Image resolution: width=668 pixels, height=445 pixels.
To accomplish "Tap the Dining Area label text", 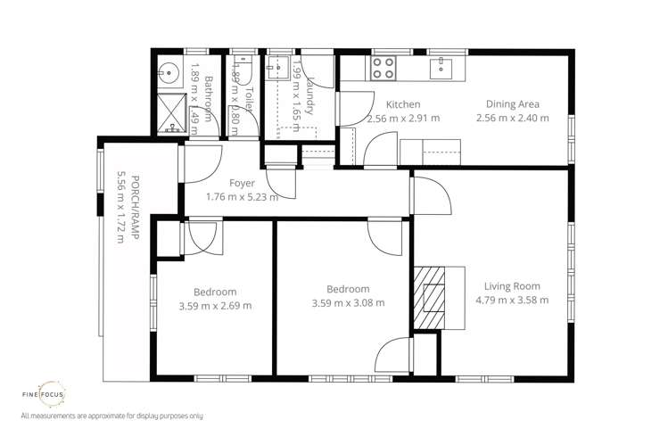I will [512, 104].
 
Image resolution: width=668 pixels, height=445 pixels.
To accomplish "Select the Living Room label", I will [512, 286].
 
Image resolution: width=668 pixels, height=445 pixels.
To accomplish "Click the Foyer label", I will [242, 184].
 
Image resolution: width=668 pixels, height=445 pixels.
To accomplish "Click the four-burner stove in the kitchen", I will [383, 65].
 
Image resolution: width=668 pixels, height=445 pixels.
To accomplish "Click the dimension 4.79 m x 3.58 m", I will [512, 300].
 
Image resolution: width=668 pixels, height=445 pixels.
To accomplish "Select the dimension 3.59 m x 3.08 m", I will [348, 303].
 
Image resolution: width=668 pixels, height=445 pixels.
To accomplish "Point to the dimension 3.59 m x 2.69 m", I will [215, 306].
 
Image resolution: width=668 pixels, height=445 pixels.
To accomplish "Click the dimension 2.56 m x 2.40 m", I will [512, 118].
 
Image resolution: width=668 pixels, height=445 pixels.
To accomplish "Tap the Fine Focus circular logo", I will [44, 391].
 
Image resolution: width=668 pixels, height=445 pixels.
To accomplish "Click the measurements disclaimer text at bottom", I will [111, 416].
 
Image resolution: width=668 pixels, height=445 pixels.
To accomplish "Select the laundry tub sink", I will [279, 67].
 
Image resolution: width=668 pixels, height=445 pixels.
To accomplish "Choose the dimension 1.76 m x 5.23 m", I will [242, 197].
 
